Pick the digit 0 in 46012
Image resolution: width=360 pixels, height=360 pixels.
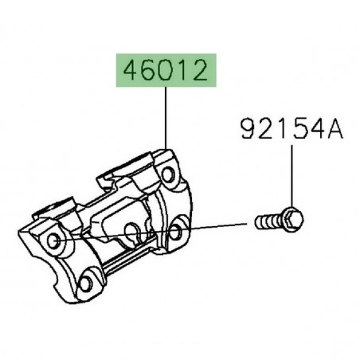166,74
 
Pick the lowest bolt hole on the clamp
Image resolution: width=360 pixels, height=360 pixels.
88,280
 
